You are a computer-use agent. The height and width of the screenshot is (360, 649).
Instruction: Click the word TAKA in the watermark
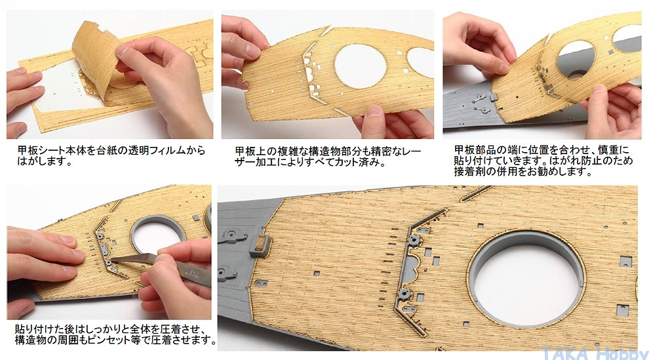point(565,353)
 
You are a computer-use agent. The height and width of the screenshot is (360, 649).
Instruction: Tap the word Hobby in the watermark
point(623,353)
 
